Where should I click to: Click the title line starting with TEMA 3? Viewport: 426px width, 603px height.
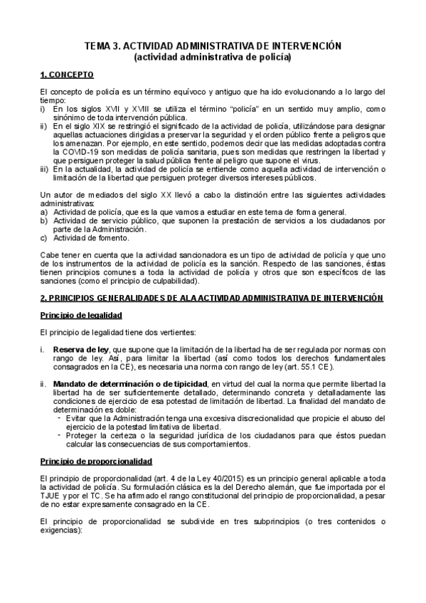(x=213, y=46)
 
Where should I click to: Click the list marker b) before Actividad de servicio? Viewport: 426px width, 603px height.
(x=44, y=220)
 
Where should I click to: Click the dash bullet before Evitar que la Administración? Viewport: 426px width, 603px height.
(x=58, y=418)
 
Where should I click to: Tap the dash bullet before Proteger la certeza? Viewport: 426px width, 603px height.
(x=58, y=435)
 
